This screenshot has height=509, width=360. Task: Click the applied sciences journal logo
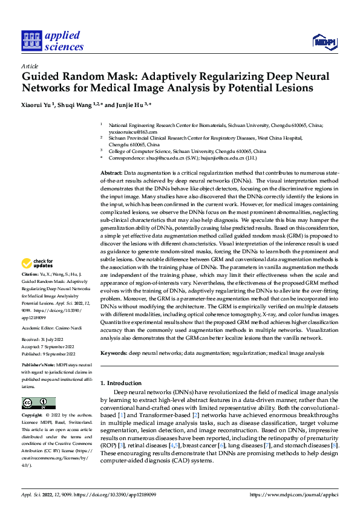(52, 40)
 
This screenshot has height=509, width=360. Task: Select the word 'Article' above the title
(30, 65)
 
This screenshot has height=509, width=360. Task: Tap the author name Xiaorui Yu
(38, 105)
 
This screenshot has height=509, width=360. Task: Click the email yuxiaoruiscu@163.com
(133, 131)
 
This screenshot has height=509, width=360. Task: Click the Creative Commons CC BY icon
(38, 403)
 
